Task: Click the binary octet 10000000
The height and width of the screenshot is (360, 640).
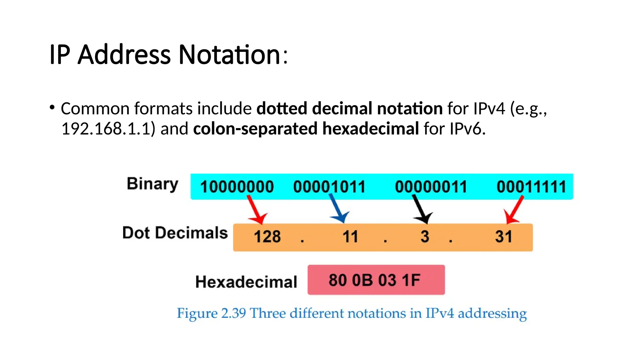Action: click(x=237, y=187)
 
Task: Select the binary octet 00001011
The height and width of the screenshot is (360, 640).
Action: click(x=329, y=187)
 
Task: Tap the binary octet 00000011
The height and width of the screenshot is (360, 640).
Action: click(x=431, y=187)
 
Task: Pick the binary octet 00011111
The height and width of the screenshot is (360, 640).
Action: click(x=531, y=187)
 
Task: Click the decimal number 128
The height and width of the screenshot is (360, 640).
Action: click(x=267, y=237)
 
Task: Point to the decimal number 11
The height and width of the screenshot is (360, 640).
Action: click(x=350, y=237)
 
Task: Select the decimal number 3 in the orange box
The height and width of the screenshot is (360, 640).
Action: click(x=425, y=237)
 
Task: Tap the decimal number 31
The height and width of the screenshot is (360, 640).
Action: click(x=504, y=237)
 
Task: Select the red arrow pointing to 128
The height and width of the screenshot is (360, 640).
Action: click(x=256, y=209)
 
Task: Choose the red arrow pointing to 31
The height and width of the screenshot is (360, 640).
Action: click(x=514, y=209)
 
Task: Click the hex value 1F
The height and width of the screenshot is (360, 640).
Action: click(x=411, y=280)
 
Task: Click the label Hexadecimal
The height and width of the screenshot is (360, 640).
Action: click(x=246, y=282)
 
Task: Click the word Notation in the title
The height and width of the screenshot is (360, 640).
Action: click(x=229, y=55)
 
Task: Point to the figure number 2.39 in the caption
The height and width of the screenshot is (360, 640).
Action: click(x=233, y=313)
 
